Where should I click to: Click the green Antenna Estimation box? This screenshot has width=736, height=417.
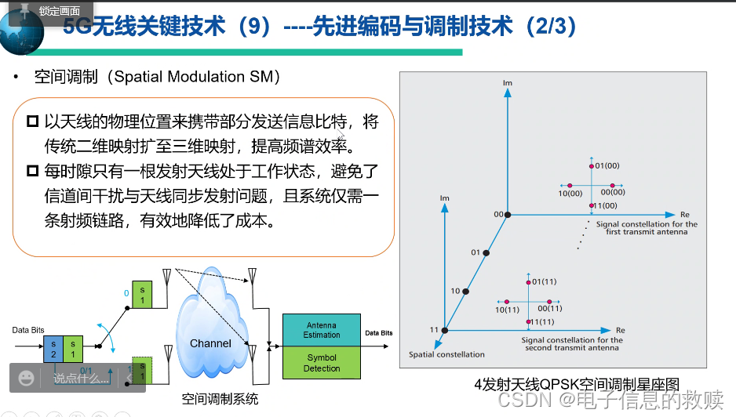click(322, 329)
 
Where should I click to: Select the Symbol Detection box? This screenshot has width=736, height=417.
click(322, 362)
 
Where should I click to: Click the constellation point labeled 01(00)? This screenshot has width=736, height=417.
click(591, 166)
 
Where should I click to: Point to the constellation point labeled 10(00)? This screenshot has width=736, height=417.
click(570, 186)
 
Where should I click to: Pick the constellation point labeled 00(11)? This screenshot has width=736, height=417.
click(549, 302)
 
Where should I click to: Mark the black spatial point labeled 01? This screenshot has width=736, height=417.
click(486, 253)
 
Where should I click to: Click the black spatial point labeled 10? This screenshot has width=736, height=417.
click(466, 292)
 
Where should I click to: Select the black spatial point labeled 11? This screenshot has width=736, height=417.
click(445, 330)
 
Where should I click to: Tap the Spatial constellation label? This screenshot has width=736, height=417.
click(446, 354)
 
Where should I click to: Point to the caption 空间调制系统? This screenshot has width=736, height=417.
click(220, 399)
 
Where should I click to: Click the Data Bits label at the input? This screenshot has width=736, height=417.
click(28, 330)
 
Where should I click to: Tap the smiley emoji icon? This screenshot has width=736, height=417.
click(26, 379)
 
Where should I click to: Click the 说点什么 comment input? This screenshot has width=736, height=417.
click(80, 379)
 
